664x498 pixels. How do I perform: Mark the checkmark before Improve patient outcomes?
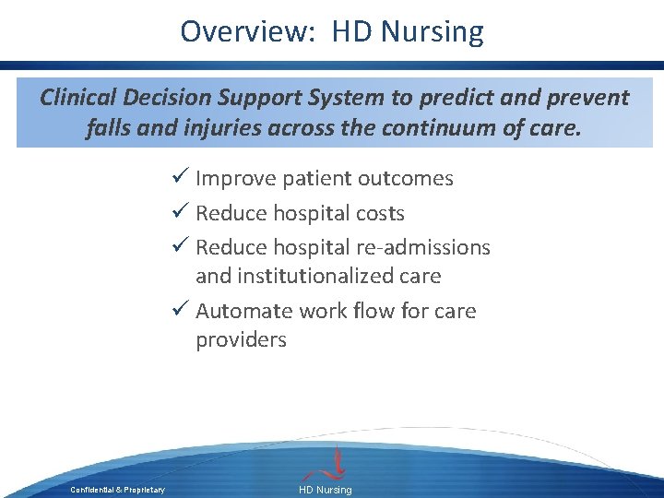181,178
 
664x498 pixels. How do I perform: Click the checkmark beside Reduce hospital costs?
181,213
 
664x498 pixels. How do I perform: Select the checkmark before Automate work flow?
181,311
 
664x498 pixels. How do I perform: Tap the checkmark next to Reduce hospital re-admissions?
181,247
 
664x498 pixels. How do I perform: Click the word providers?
241,340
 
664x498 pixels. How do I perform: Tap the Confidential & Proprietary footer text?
117,490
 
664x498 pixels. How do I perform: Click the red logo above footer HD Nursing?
338,462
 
